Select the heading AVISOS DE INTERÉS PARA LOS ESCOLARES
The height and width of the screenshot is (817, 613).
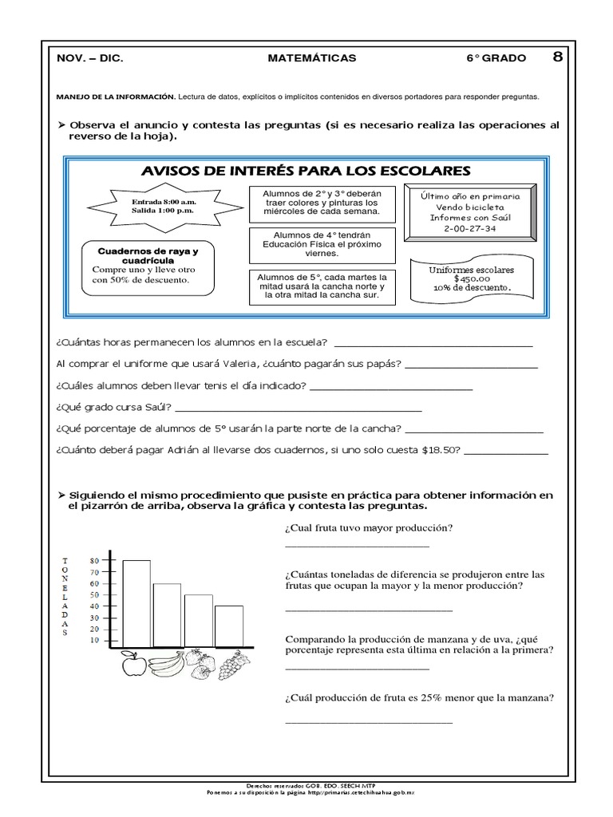point(306,171)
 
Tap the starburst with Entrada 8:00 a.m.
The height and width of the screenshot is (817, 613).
point(163,207)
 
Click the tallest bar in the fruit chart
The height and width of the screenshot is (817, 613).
point(136,602)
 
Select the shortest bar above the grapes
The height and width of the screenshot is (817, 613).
point(229,626)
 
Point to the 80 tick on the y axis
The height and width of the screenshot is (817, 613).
point(94,560)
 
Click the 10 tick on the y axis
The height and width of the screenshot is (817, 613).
point(94,640)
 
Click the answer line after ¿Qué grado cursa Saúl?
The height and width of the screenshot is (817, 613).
point(299,409)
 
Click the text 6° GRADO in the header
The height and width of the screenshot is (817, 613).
point(496,58)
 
